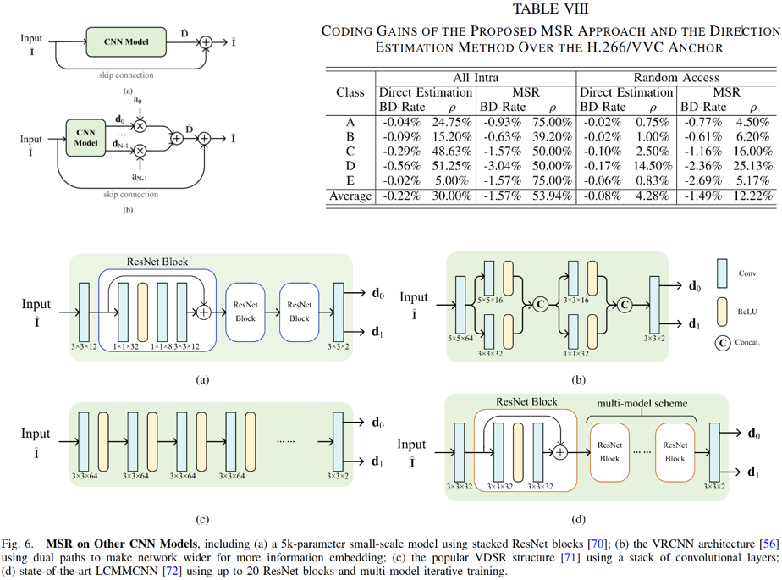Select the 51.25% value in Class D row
[x=451, y=165]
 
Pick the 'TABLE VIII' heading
[x=548, y=9]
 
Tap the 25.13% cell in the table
[x=752, y=165]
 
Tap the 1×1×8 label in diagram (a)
[x=161, y=345]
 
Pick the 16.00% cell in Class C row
[x=752, y=150]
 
